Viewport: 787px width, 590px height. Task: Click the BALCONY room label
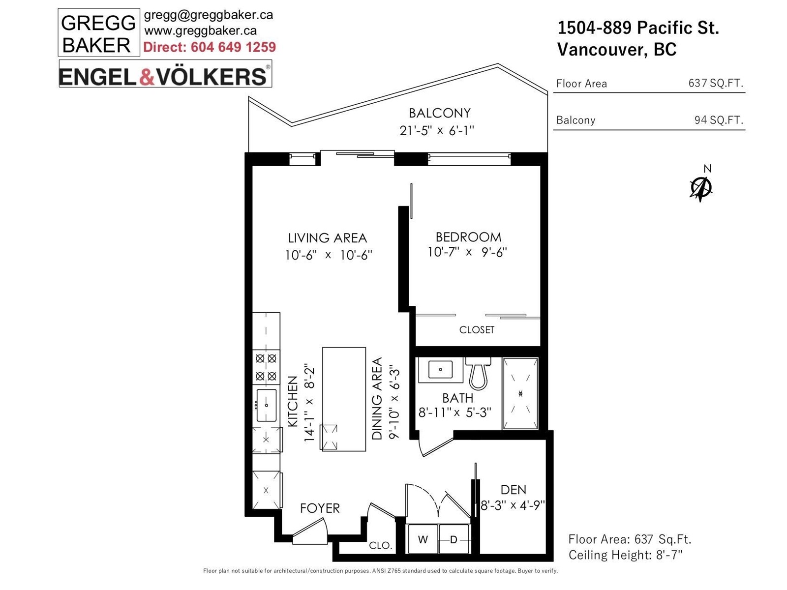(x=439, y=113)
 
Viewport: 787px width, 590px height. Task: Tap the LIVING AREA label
(x=328, y=238)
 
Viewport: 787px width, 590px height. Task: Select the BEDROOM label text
(x=468, y=237)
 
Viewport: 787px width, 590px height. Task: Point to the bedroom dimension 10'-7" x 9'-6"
(x=467, y=252)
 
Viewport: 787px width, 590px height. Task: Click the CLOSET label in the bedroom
(x=477, y=329)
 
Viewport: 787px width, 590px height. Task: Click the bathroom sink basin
(x=440, y=369)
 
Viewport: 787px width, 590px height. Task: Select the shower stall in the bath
(x=520, y=393)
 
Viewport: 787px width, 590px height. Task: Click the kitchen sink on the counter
(x=267, y=405)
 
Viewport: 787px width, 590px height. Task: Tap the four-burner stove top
(x=266, y=367)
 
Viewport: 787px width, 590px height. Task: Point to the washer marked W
(x=423, y=539)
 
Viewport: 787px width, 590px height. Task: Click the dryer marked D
(x=454, y=539)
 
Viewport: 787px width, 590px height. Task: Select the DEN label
(x=514, y=490)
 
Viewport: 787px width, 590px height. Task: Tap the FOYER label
(x=319, y=508)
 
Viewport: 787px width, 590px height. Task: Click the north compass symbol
(x=700, y=188)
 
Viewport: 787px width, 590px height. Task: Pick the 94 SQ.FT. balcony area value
(x=719, y=119)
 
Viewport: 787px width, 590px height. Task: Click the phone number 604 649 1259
(x=233, y=47)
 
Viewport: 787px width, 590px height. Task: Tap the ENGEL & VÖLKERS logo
(x=165, y=74)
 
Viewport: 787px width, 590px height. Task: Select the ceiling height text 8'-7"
(x=669, y=555)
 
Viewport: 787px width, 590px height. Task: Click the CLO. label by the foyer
(x=380, y=546)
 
